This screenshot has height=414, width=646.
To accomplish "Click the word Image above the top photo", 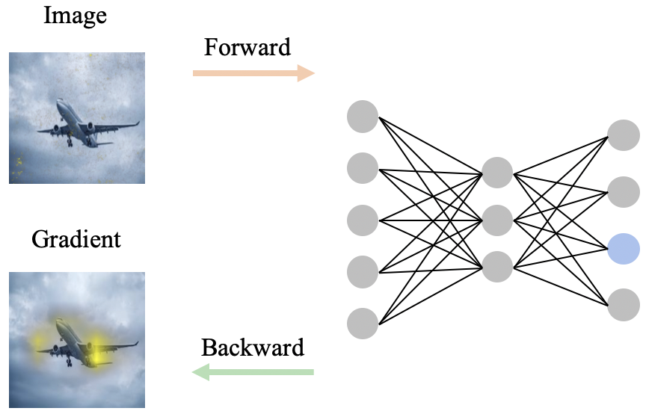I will click(76, 16).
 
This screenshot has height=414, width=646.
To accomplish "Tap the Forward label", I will click(247, 48).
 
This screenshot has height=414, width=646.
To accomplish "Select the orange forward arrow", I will click(253, 72).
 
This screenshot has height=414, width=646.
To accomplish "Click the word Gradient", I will click(76, 240).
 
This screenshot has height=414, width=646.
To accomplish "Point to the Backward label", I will click(253, 347).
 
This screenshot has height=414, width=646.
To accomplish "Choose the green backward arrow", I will click(253, 371).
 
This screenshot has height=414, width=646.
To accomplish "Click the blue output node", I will click(623, 248).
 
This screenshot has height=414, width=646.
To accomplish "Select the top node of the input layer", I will click(363, 117).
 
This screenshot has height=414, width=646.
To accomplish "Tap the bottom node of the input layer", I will click(363, 323).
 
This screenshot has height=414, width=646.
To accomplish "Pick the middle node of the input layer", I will click(363, 220).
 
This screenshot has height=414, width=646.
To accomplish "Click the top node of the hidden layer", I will click(497, 172).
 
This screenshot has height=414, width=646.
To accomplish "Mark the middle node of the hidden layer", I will click(497, 220).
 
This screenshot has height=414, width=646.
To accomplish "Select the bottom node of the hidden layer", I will click(497, 267).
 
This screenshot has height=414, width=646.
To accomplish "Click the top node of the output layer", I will click(623, 135).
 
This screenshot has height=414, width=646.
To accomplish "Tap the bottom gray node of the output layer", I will click(623, 304).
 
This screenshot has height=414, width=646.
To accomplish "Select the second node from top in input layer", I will click(363, 168).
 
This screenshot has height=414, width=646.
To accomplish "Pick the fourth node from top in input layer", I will click(363, 271).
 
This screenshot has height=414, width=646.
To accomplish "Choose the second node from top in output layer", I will click(623, 192).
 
